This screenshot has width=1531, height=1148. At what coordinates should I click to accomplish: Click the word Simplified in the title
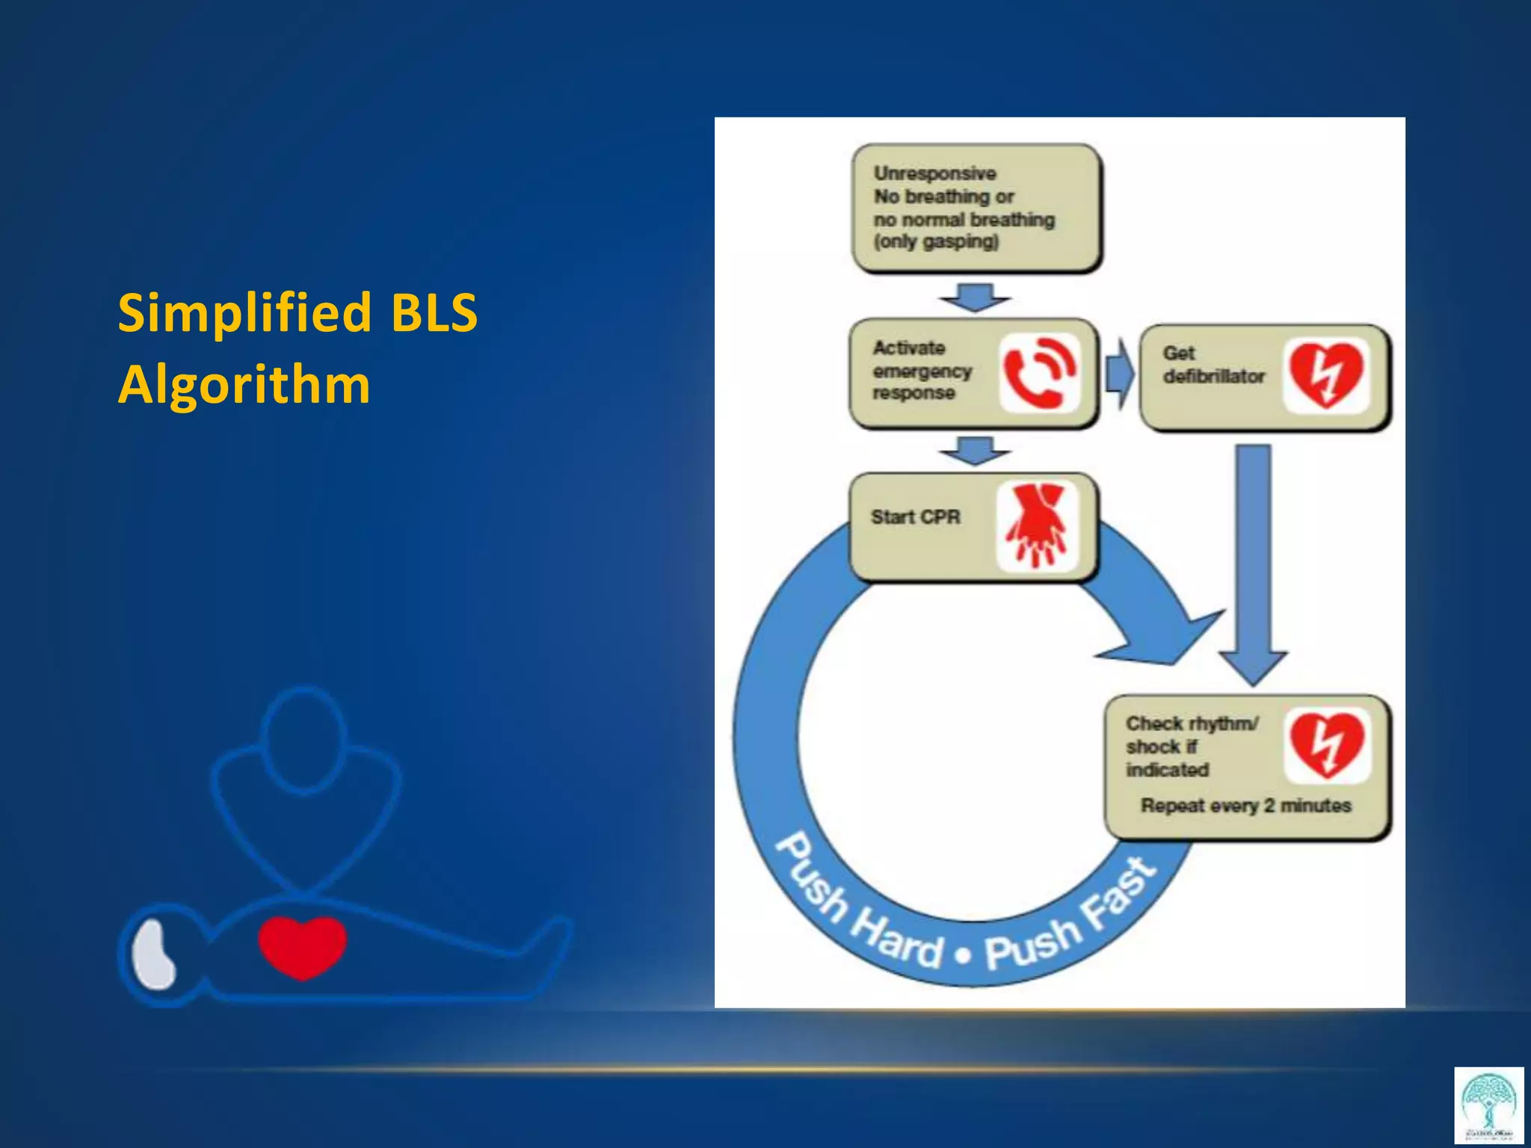click(245, 314)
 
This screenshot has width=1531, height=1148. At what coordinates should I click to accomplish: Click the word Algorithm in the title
click(244, 384)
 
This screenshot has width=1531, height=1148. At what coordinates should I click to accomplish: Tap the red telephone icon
click(1039, 373)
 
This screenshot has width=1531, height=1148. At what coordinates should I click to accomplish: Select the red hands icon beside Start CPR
click(1037, 525)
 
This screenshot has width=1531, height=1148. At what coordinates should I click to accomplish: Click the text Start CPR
click(915, 517)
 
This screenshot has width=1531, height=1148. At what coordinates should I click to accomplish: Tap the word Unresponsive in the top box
click(934, 173)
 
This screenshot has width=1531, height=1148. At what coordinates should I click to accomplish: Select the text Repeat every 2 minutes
click(1245, 806)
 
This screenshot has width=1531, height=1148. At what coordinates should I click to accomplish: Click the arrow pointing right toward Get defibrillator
click(1119, 372)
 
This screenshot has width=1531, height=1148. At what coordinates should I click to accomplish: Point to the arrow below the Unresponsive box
click(975, 297)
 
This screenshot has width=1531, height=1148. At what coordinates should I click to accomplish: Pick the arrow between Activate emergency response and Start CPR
click(975, 451)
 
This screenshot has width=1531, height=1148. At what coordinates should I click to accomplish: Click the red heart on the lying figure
click(302, 945)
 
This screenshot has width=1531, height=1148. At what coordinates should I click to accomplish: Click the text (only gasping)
click(936, 242)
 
